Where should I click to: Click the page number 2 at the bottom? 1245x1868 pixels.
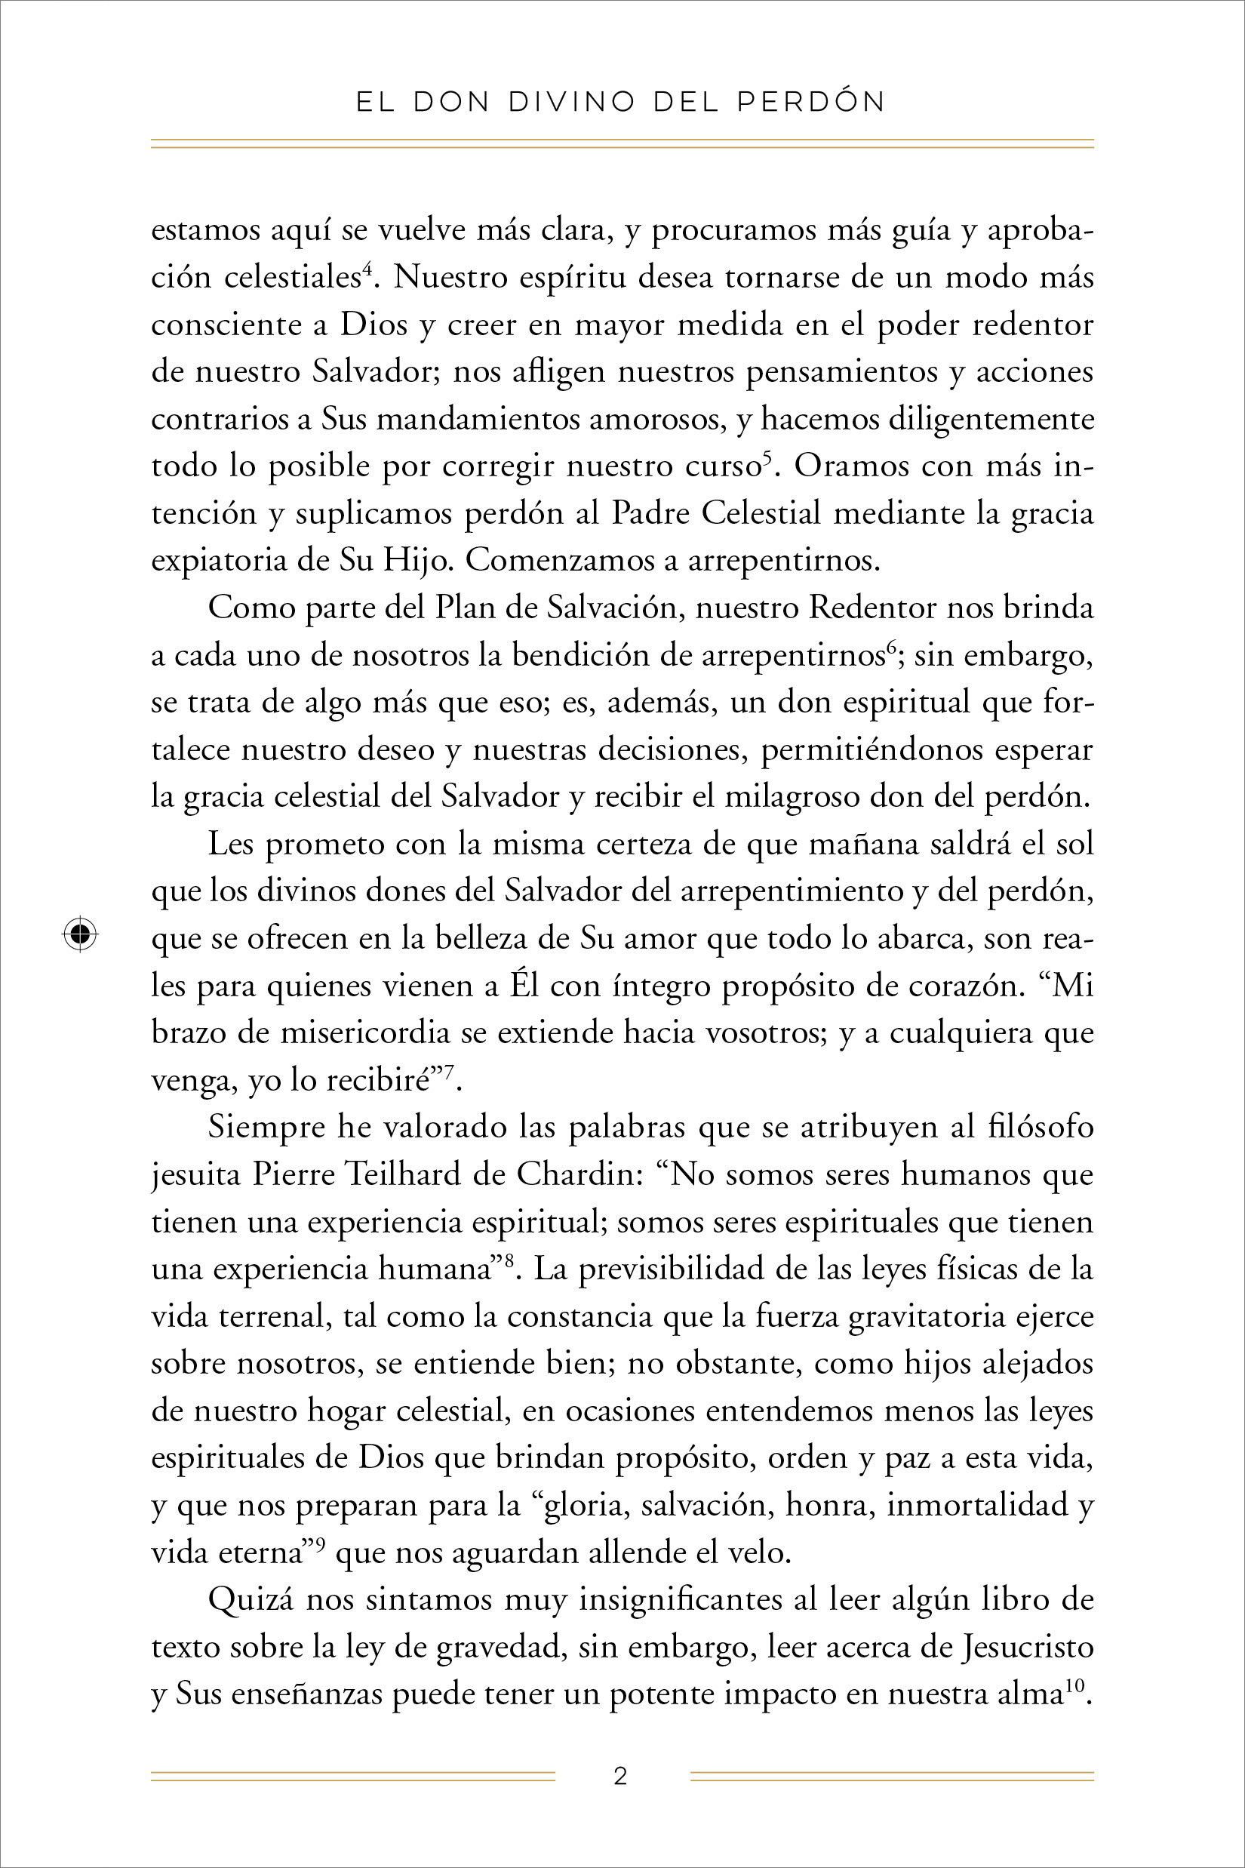pyautogui.click(x=621, y=1776)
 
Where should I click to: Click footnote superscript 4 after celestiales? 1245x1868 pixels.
pyautogui.click(x=367, y=270)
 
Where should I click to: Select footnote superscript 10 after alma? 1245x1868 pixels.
pyautogui.click(x=1074, y=1685)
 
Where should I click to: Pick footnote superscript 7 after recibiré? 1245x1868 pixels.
pyautogui.click(x=449, y=1072)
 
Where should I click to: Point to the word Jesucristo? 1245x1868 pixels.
pyautogui.click(x=1028, y=1646)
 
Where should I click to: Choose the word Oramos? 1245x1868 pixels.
pyautogui.click(x=851, y=466)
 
